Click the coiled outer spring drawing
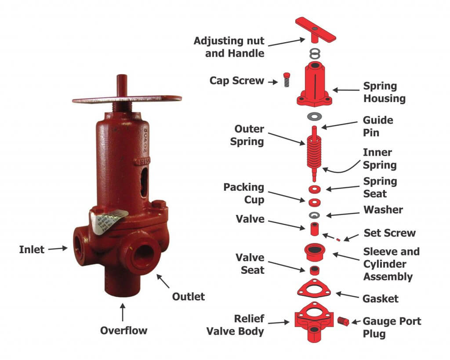(x=314, y=152)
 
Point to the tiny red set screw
(x=338, y=240)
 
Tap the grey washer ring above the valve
(x=314, y=215)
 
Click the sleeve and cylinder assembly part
(x=314, y=252)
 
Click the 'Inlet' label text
(x=32, y=250)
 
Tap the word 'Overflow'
(x=123, y=330)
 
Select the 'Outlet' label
(x=188, y=296)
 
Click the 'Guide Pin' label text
(x=378, y=126)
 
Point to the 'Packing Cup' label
(x=243, y=193)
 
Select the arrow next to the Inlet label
(x=57, y=249)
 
